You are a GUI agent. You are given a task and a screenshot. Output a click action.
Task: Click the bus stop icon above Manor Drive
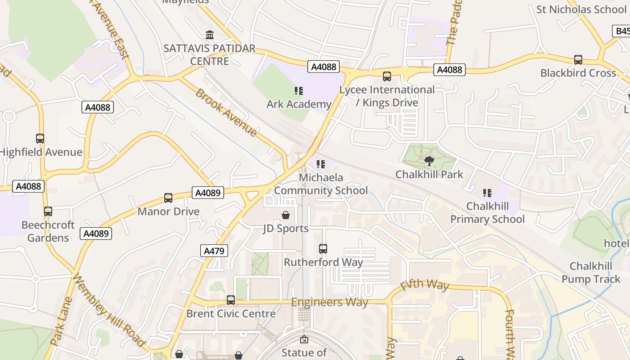(168, 198)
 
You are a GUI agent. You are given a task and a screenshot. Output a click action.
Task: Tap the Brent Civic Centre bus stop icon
(231, 300)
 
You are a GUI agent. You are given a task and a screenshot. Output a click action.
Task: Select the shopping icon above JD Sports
(285, 215)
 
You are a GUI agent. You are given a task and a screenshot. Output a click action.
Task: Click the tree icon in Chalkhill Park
(429, 161)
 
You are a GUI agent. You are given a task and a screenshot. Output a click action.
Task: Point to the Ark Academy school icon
(298, 91)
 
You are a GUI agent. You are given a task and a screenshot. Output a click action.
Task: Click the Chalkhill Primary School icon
(487, 193)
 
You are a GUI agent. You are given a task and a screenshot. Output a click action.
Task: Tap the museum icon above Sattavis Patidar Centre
(209, 35)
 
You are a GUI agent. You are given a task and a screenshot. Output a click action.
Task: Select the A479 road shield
(214, 251)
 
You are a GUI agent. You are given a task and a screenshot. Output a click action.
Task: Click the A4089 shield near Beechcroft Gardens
(95, 233)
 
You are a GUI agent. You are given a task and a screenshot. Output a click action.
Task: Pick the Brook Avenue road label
(226, 112)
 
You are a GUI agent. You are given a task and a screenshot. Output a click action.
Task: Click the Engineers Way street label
(329, 302)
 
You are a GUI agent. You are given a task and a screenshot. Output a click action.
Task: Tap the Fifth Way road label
(424, 285)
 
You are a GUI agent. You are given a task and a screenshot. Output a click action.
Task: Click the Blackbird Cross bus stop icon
(578, 59)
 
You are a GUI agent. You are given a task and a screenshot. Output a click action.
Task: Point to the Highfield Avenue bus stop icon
(40, 139)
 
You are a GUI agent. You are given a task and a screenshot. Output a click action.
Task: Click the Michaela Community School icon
(320, 164)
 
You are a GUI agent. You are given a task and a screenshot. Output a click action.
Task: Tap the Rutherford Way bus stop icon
(323, 248)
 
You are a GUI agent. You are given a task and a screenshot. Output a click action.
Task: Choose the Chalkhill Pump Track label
(590, 273)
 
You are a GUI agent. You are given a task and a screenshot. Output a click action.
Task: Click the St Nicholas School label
(581, 9)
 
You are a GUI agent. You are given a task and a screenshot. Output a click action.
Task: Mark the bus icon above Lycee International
(387, 76)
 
